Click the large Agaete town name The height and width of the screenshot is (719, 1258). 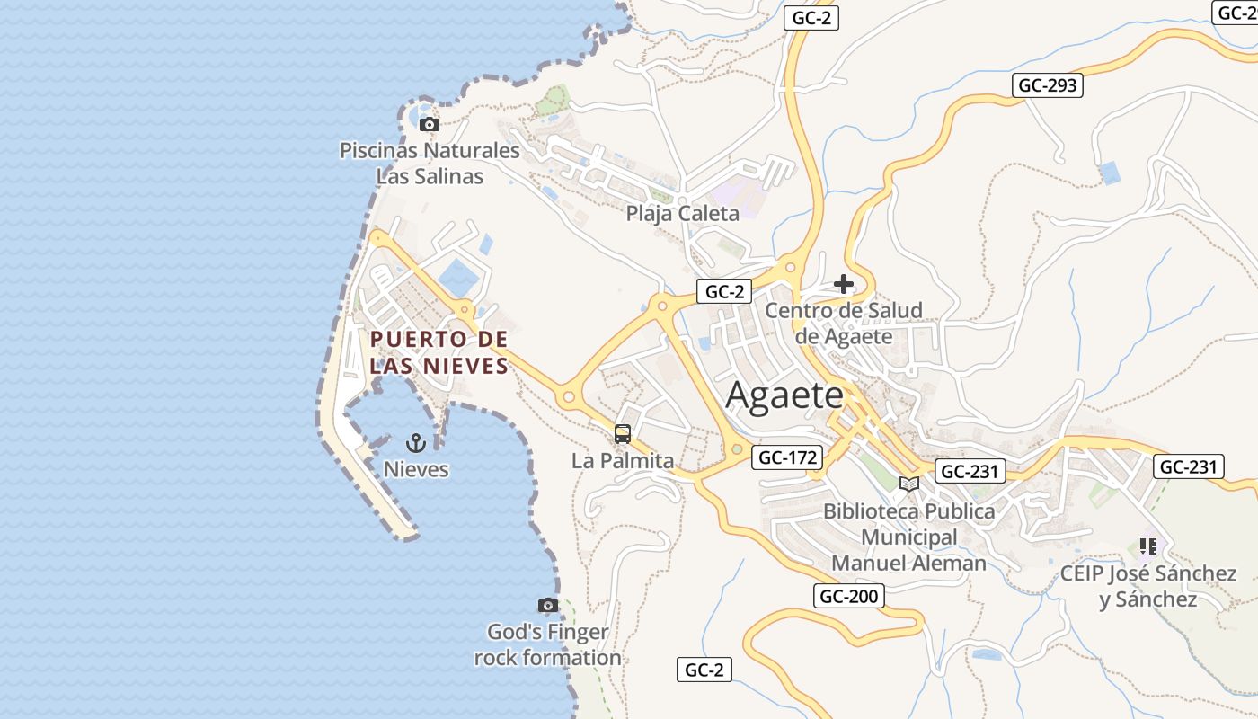[784, 395]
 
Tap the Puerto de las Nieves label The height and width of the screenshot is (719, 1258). [439, 352]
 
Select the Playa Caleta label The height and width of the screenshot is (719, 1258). [683, 213]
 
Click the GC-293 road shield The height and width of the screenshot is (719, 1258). [1048, 85]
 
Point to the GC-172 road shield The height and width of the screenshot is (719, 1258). [788, 457]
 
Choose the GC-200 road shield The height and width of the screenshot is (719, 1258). [849, 595]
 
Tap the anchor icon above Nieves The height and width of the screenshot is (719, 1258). [415, 442]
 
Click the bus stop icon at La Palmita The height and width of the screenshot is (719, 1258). [623, 435]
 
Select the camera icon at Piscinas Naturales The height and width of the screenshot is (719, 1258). [430, 125]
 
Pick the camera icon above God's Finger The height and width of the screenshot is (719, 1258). [547, 606]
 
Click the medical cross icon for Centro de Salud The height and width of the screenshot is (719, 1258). [843, 285]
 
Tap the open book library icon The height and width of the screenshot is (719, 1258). [909, 484]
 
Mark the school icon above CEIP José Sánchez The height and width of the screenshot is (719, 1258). [1147, 546]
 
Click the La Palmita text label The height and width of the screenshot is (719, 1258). [623, 461]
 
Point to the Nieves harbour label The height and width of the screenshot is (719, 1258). [416, 469]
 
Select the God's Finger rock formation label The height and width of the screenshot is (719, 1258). [547, 644]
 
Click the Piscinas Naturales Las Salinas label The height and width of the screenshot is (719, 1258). [430, 164]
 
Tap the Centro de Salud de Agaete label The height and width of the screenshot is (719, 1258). [844, 324]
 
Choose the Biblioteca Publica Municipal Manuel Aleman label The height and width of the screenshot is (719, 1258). [909, 537]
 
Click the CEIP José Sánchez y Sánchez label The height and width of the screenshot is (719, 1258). [1148, 586]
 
